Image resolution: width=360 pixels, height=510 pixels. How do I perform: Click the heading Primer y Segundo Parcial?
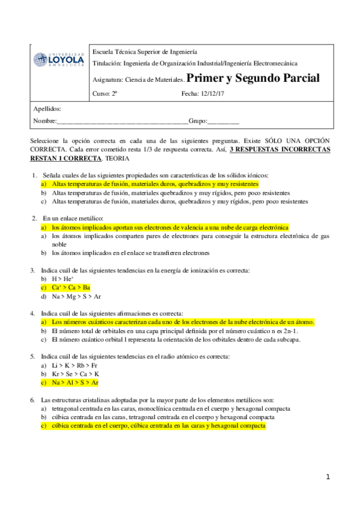[253, 78]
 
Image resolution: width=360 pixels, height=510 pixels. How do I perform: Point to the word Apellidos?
[47, 109]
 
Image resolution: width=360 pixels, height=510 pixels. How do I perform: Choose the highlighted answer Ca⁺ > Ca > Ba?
[70, 287]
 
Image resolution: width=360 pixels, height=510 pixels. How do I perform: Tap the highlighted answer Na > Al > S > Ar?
[75, 382]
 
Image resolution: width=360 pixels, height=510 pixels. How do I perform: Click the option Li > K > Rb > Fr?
[75, 365]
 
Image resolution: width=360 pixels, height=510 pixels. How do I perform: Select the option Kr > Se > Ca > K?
[76, 373]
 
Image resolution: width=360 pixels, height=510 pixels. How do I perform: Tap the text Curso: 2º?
[105, 93]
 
